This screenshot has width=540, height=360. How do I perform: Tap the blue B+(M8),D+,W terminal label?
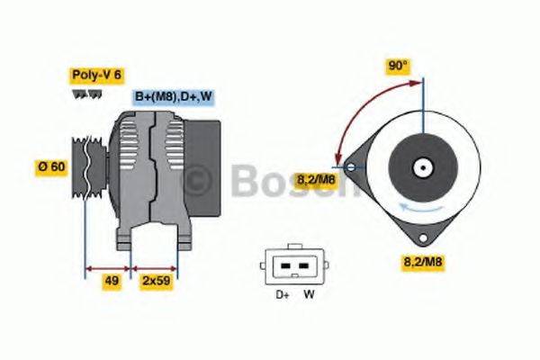point(174,96)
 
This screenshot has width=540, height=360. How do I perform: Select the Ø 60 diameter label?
point(52,167)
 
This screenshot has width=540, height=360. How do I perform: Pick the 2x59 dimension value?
point(155,281)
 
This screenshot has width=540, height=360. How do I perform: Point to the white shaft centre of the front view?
point(422,167)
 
